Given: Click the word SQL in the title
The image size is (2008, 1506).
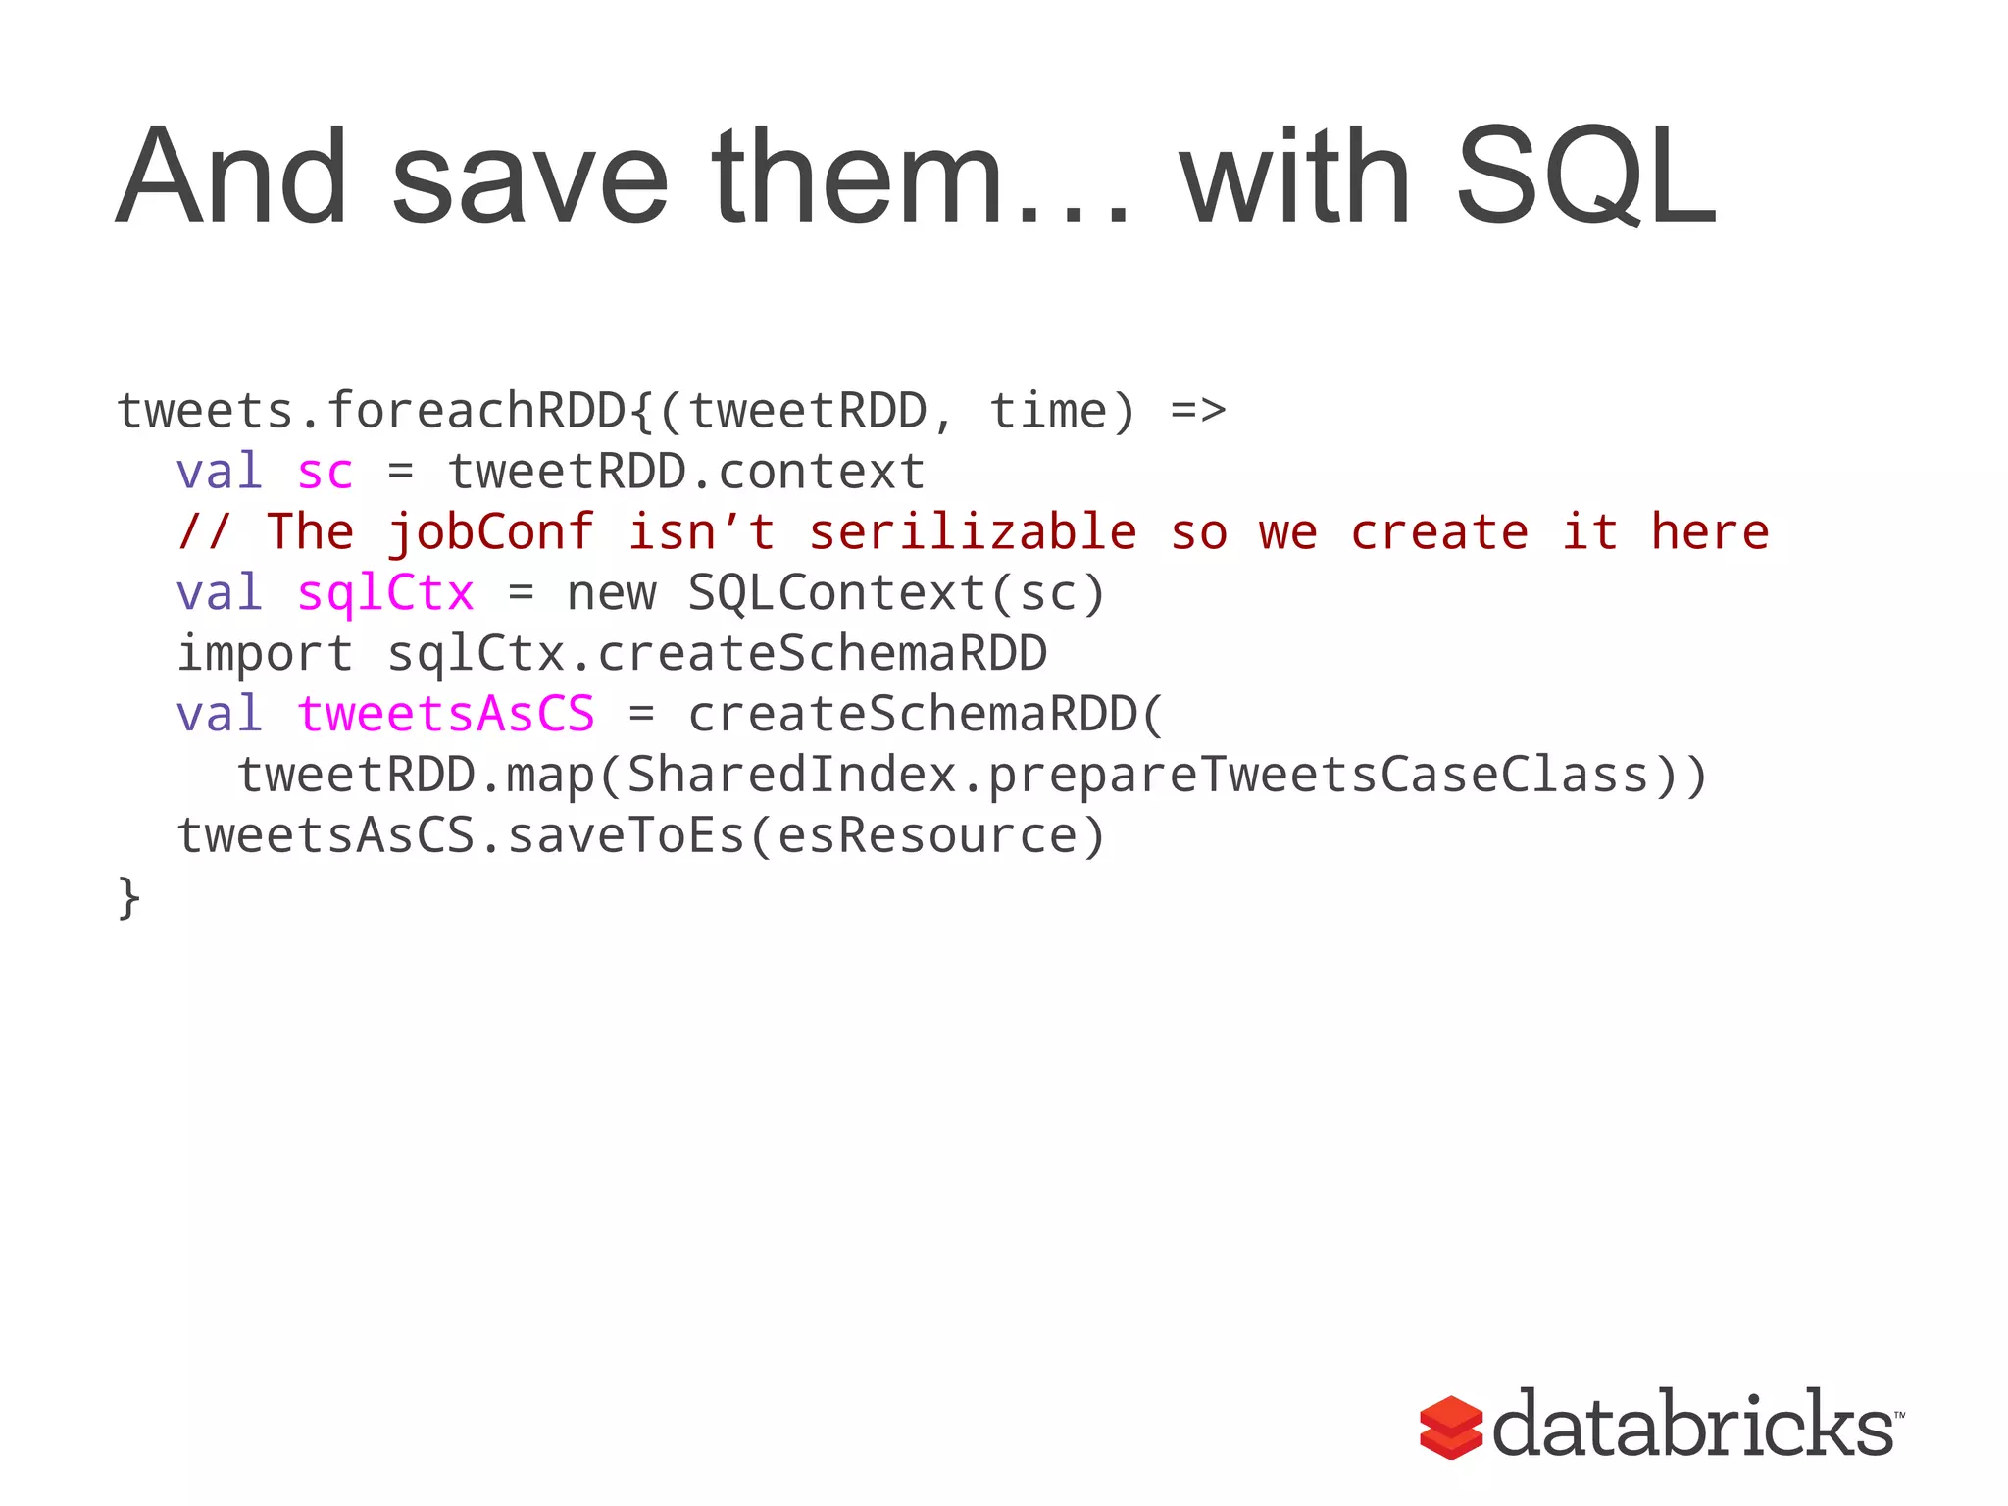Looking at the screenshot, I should pos(1586,178).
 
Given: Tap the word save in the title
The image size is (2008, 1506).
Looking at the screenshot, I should pos(529,178).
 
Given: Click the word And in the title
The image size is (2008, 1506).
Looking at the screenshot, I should pos(231,178).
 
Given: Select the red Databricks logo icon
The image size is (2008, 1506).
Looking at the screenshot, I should pos(1451,1427).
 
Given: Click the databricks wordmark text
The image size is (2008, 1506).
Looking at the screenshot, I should pos(1694,1425).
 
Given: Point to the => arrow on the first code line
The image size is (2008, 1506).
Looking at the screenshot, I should pos(1198,411).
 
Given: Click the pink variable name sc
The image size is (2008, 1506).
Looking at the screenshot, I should pos(325,473).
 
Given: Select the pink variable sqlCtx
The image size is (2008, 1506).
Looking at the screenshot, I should pos(385,593).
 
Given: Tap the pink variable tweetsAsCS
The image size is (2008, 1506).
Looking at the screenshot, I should pos(445,714).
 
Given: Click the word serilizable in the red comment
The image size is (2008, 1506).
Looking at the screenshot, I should pos(973,532).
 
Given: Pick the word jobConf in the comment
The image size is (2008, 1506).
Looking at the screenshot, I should pos(490,532).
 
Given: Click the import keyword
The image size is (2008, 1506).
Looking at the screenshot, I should pos(264,654).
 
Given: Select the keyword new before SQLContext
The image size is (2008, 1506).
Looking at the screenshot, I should pos(611,593).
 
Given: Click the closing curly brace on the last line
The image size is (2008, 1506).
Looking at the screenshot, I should pos(128,896).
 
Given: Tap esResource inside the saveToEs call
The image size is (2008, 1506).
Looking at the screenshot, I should pos(928,835).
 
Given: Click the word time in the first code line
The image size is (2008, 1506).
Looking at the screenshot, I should pos(1047,411).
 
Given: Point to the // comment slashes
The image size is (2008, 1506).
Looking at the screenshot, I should pos(204,532).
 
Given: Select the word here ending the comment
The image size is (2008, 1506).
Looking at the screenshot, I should pos(1710,532).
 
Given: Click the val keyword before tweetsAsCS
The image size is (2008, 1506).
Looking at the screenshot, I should pos(219,714).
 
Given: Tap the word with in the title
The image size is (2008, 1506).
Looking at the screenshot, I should pos(1294,178).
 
